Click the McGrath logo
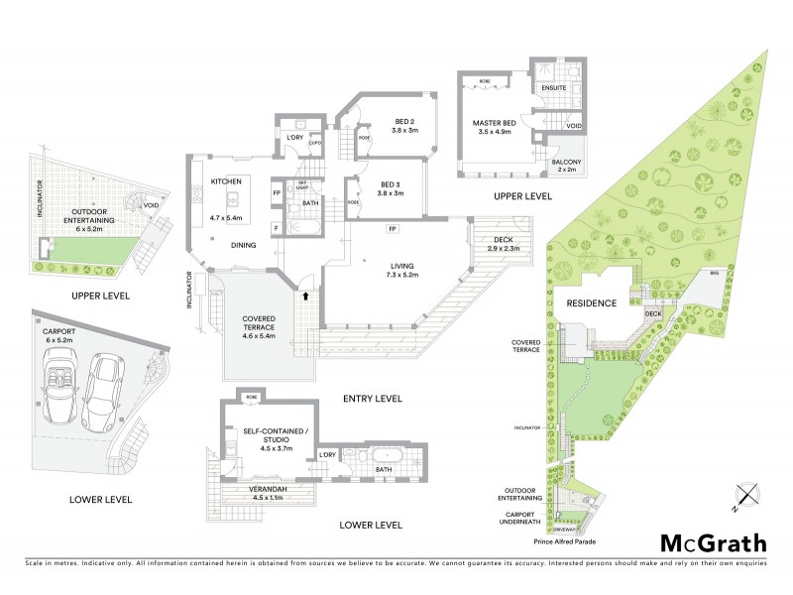click(714, 542)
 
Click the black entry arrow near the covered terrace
click(305, 295)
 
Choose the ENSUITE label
click(554, 88)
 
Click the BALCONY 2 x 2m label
click(568, 166)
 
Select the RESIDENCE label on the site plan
click(592, 302)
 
